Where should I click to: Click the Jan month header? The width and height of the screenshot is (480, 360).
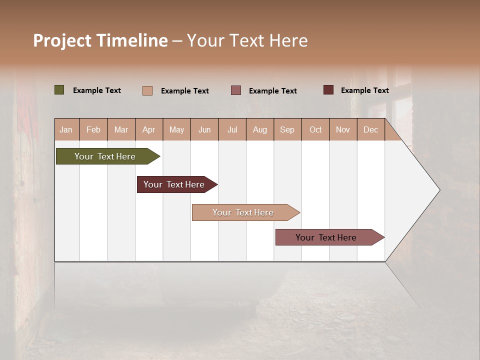pyautogui.click(x=66, y=129)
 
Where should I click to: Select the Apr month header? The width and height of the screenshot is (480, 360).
pyautogui.click(x=149, y=129)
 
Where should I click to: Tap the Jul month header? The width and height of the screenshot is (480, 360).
pyautogui.click(x=232, y=129)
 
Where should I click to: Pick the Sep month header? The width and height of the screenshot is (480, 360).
pyautogui.click(x=287, y=129)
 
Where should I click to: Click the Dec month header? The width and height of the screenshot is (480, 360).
pyautogui.click(x=370, y=129)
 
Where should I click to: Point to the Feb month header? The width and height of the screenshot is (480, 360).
pyautogui.click(x=93, y=129)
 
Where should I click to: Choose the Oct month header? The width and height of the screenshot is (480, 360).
pyautogui.click(x=315, y=129)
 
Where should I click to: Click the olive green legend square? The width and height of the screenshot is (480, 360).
pyautogui.click(x=59, y=90)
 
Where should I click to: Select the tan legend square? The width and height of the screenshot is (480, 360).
pyautogui.click(x=147, y=90)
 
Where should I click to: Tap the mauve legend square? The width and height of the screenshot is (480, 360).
pyautogui.click(x=236, y=90)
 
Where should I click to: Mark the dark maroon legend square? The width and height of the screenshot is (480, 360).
pyautogui.click(x=328, y=90)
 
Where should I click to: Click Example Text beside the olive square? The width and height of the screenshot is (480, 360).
pyautogui.click(x=97, y=90)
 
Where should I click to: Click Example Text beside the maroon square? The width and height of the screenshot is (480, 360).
pyautogui.click(x=365, y=90)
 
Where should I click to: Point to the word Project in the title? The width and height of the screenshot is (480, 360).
pyautogui.click(x=61, y=40)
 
